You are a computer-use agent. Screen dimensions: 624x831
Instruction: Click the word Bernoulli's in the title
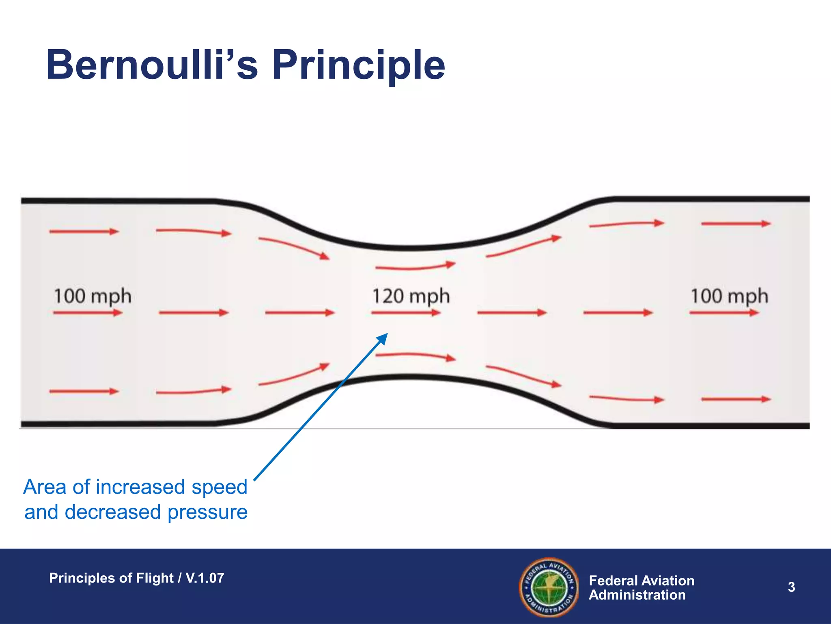(152, 65)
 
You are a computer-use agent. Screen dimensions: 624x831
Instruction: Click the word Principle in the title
(359, 65)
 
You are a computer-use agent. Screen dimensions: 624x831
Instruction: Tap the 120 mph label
(411, 296)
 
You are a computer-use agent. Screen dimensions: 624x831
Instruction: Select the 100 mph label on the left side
(93, 296)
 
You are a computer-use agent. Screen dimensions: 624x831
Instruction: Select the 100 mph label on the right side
(729, 296)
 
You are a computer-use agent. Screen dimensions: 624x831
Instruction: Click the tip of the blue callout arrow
(387, 335)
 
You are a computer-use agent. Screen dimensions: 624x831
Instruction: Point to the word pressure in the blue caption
(207, 512)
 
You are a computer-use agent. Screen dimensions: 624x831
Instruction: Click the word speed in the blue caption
(219, 487)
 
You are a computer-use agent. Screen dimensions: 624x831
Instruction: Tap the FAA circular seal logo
(549, 587)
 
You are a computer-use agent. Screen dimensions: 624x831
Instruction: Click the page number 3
(791, 587)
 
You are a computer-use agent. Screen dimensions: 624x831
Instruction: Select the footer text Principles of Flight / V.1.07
(136, 578)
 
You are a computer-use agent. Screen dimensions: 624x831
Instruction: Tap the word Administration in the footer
(637, 595)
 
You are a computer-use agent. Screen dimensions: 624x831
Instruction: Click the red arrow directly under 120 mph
(406, 312)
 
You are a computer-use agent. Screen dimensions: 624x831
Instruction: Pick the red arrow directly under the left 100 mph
(88, 312)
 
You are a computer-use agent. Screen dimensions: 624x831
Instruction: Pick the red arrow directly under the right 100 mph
(724, 312)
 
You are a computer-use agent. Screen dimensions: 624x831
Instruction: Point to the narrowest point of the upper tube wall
(410, 247)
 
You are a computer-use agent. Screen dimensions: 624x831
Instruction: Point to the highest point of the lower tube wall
(410, 377)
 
